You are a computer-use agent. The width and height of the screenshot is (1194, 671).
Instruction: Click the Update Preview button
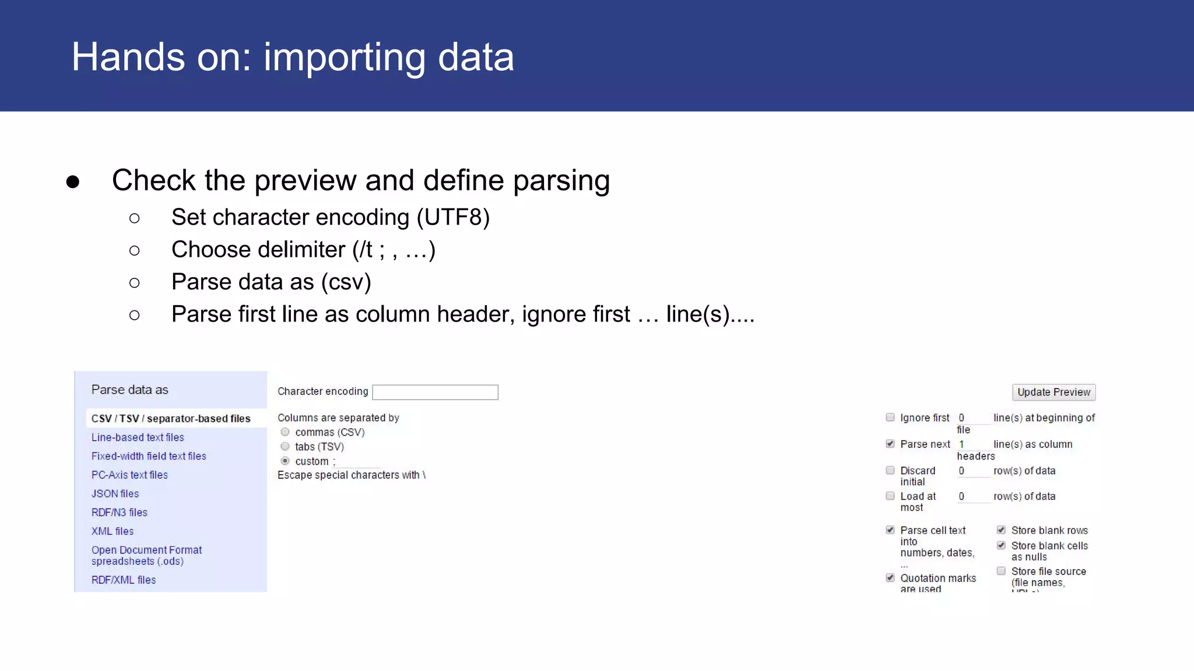(x=1053, y=392)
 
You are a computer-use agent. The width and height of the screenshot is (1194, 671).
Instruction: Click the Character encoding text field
(x=435, y=392)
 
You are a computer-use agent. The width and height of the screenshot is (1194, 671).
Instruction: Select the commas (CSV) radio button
(x=285, y=432)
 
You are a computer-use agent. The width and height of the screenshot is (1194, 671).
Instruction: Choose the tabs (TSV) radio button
(x=285, y=447)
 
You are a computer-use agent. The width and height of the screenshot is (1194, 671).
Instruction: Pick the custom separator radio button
(x=285, y=461)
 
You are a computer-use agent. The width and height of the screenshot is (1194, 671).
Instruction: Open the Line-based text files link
(x=138, y=437)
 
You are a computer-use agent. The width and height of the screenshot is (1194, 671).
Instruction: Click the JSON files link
(x=115, y=494)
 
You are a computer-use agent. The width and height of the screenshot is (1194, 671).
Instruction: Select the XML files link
(x=113, y=531)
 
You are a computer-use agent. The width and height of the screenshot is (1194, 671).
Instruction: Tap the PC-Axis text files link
(x=129, y=475)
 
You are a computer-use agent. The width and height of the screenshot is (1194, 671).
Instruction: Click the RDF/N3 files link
(x=120, y=513)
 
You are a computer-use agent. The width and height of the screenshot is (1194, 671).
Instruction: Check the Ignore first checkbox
(x=890, y=417)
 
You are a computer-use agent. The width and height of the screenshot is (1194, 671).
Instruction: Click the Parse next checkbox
(x=890, y=444)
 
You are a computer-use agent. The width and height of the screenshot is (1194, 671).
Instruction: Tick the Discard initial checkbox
(x=890, y=470)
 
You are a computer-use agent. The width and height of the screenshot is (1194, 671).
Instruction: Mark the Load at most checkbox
(x=890, y=496)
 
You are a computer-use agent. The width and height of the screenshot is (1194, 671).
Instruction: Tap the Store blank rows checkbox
(x=1001, y=530)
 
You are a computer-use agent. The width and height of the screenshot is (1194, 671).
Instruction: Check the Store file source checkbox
(x=1001, y=571)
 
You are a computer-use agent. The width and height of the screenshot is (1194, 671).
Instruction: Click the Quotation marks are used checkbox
(x=890, y=578)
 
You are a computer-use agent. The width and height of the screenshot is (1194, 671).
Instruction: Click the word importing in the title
(x=345, y=58)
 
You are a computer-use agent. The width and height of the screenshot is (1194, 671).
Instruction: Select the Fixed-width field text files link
(x=149, y=456)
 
